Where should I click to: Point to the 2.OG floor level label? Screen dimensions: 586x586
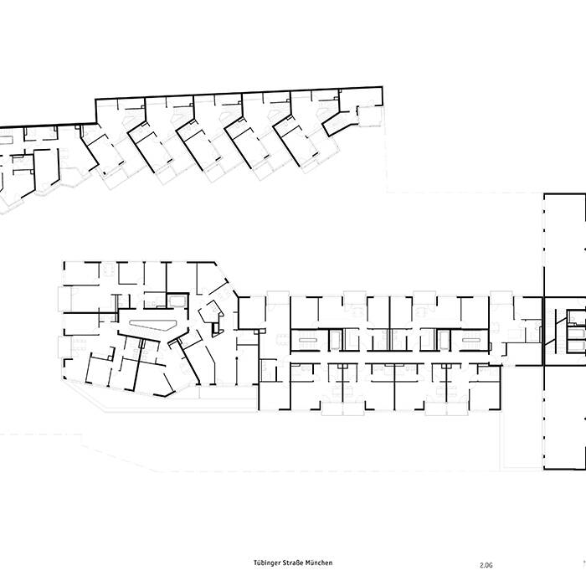coord(487,564)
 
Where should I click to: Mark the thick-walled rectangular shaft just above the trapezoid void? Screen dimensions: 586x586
coord(177,301)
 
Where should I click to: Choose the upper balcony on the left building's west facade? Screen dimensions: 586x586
coord(60,296)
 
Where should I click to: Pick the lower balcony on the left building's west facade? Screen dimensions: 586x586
coord(60,346)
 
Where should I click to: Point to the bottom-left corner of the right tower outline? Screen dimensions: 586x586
coord(545,471)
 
